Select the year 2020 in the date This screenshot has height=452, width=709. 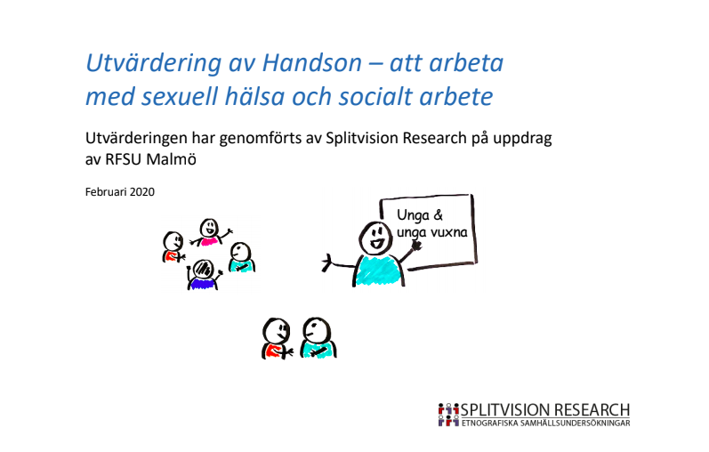pyautogui.click(x=142, y=192)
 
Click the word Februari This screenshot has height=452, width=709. pyautogui.click(x=106, y=192)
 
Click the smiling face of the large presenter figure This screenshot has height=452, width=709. pyautogui.click(x=373, y=238)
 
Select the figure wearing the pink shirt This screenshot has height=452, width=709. pyautogui.click(x=210, y=233)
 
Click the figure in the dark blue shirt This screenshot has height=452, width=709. pyautogui.click(x=203, y=275)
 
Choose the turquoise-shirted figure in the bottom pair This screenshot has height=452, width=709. pyautogui.click(x=316, y=339)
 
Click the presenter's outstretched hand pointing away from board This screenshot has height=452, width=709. pyautogui.click(x=328, y=262)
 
